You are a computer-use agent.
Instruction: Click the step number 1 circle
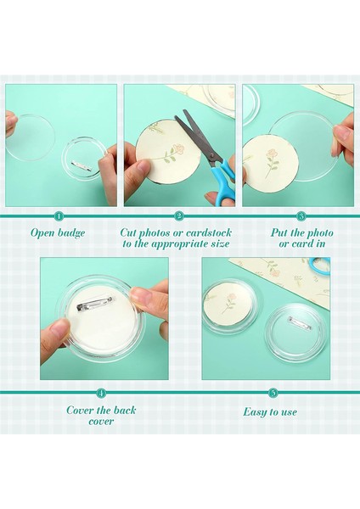[x=59, y=216]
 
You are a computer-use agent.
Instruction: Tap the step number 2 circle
[x=178, y=216]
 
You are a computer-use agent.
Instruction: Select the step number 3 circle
[x=301, y=216]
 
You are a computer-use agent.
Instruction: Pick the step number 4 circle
[x=102, y=393]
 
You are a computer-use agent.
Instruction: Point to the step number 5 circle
[x=273, y=393]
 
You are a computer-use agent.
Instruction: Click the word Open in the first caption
[x=43, y=234]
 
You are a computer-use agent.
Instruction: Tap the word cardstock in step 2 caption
[x=209, y=232]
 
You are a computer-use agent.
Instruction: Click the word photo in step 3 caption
[x=320, y=233]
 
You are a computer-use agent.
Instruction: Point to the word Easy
[x=255, y=412]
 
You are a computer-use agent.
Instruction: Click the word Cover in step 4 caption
[x=78, y=410]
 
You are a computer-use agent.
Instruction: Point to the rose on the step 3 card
[x=272, y=162]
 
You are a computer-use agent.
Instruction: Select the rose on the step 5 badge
[x=230, y=303]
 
